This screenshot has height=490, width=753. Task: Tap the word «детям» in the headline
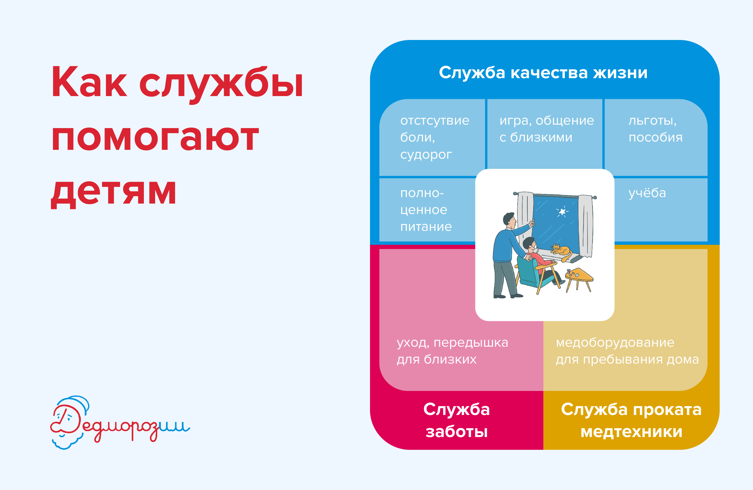tap(114, 191)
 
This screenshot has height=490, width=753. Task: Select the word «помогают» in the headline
tap(155, 138)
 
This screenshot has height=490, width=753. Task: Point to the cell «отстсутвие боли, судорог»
tap(434, 138)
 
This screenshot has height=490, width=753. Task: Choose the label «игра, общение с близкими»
tap(546, 129)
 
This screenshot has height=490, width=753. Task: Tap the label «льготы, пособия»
tap(655, 129)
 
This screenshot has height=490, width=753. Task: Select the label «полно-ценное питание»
tap(426, 210)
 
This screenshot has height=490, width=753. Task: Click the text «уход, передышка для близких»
tap(452, 351)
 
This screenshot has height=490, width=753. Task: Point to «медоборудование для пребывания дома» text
tap(627, 351)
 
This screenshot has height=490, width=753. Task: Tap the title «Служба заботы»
tap(457, 420)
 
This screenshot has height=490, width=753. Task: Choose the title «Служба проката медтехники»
tap(631, 420)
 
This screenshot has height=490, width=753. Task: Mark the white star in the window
tap(562, 211)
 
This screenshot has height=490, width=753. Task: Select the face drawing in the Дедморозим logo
tap(67, 422)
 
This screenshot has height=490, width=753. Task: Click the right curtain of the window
tap(586, 226)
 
